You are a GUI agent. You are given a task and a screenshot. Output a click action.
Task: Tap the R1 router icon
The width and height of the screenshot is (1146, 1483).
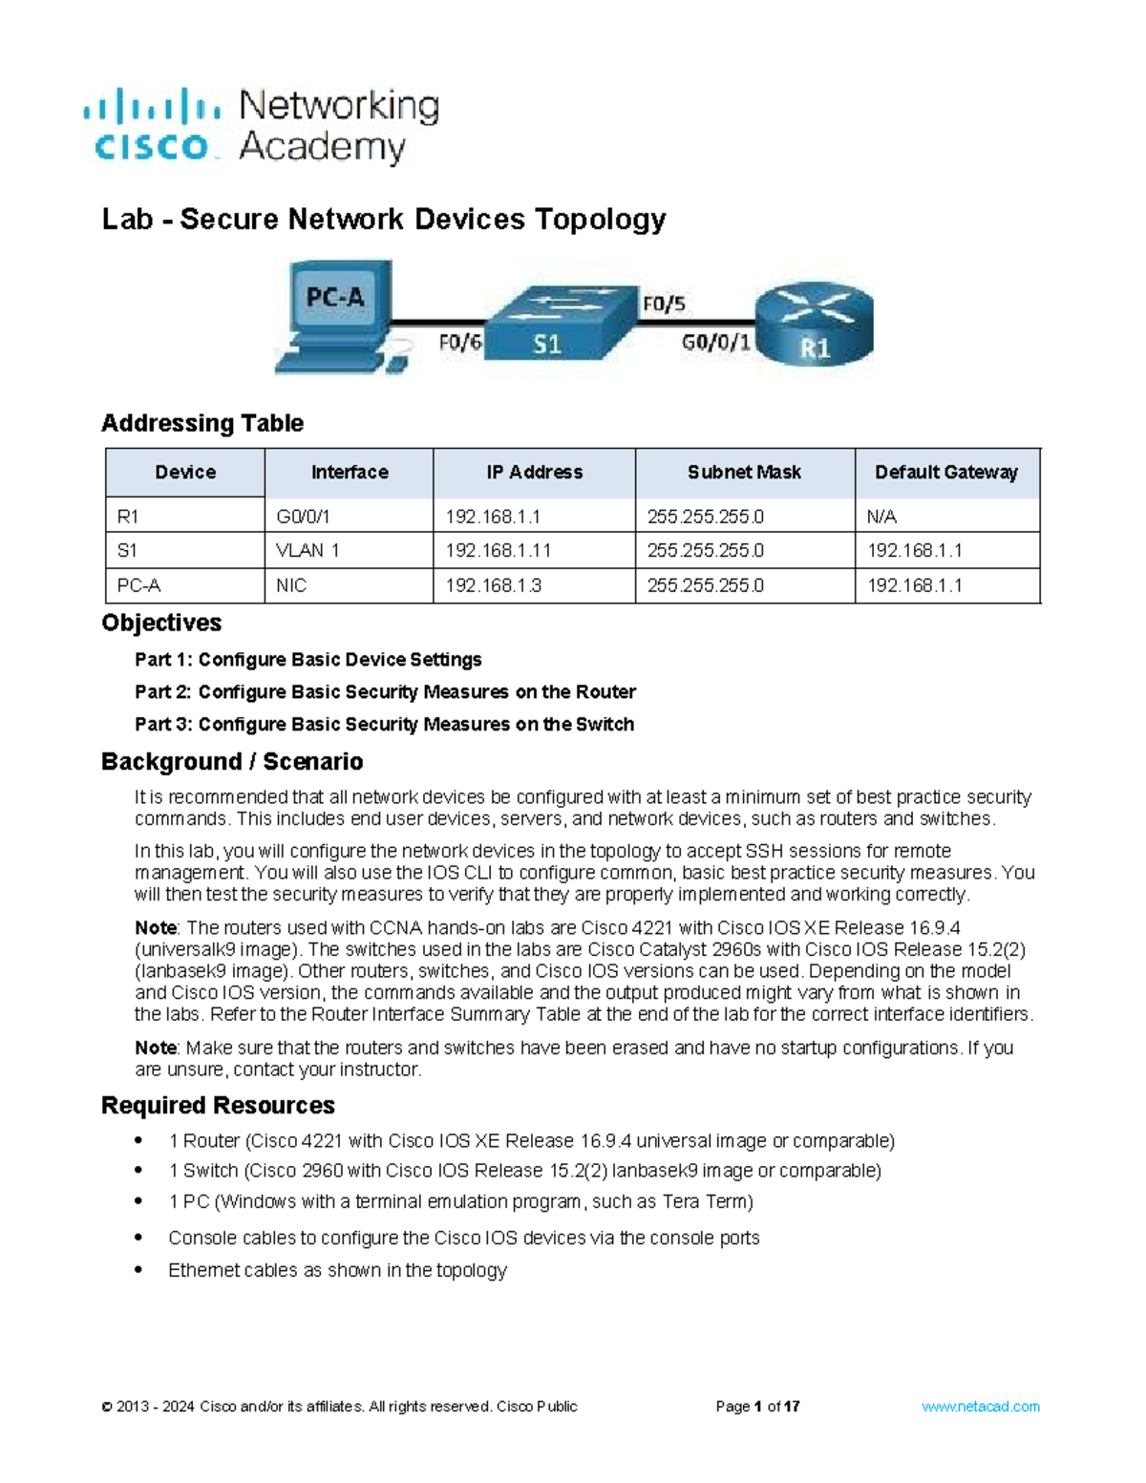(x=814, y=325)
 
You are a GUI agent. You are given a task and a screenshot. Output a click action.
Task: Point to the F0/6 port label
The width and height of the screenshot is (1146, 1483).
(x=460, y=342)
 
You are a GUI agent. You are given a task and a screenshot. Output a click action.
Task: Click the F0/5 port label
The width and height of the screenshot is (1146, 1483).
(x=664, y=305)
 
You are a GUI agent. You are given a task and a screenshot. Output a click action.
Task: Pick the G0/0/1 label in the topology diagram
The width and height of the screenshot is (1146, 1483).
(x=716, y=342)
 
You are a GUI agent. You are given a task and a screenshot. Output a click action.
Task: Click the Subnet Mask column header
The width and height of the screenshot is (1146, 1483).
(x=744, y=473)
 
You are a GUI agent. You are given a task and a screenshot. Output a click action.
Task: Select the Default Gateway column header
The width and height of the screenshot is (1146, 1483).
(x=945, y=473)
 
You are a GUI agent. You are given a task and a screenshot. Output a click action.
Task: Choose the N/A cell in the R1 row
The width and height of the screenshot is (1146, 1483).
(x=881, y=517)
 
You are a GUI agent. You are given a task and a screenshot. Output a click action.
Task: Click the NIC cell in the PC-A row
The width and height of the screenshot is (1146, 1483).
(x=291, y=585)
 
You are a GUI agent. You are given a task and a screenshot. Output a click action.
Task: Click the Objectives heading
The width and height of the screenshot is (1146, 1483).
(x=161, y=623)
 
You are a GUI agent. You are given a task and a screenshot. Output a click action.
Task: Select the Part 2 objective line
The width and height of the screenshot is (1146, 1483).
(x=385, y=691)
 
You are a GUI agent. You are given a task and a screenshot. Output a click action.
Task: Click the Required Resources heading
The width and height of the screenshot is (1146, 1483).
(x=218, y=1105)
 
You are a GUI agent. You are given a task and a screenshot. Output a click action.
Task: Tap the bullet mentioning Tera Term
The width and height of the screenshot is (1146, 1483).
(x=460, y=1201)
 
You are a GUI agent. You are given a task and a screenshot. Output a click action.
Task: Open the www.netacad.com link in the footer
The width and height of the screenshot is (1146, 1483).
(x=980, y=1407)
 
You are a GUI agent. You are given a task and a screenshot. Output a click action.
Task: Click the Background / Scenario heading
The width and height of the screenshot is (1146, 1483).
(x=232, y=761)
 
